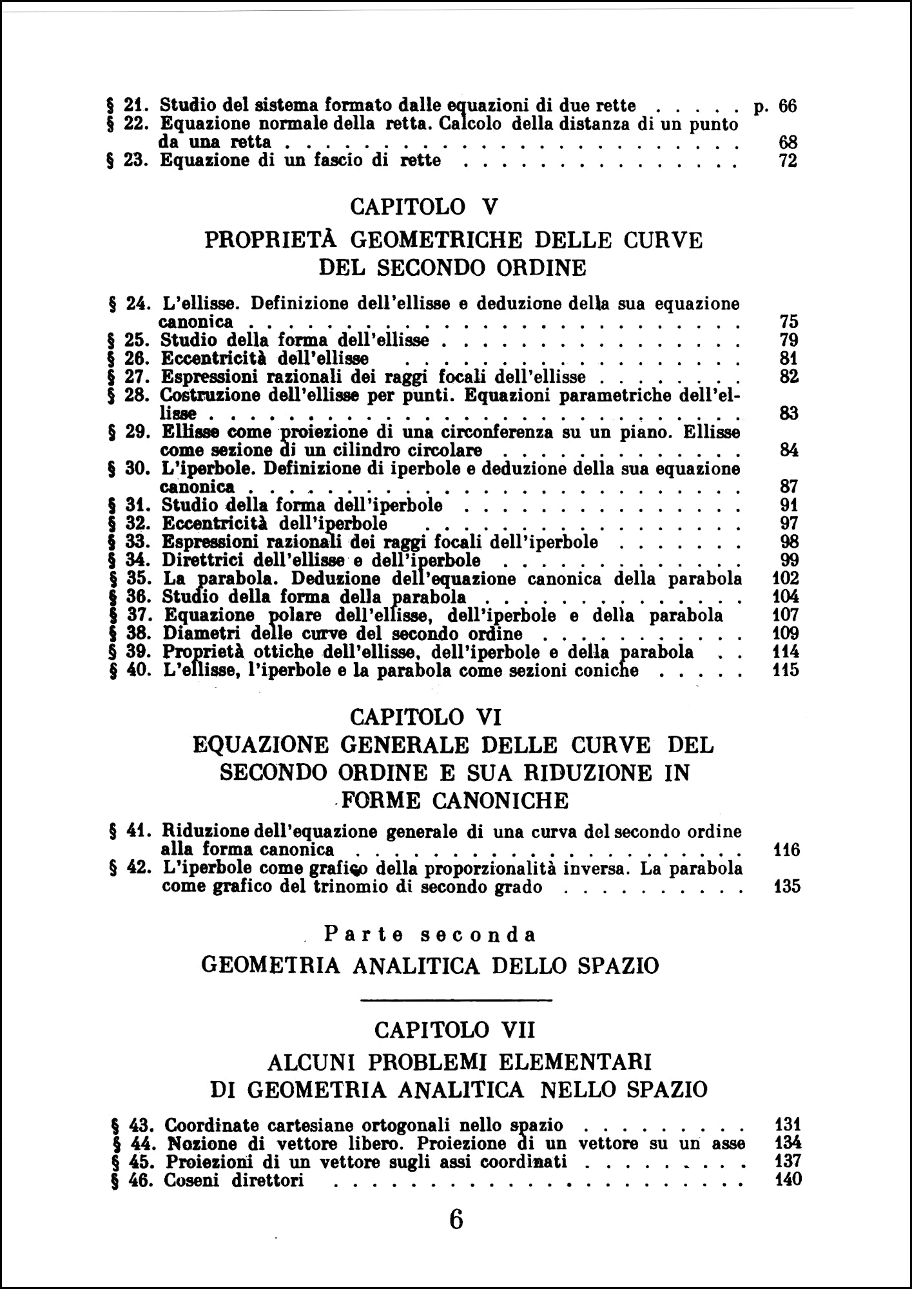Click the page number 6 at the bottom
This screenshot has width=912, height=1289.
tap(455, 1219)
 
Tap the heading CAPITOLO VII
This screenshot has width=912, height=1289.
tap(454, 1031)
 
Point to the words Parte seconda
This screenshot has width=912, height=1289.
tap(430, 934)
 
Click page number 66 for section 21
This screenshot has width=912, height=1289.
tap(788, 106)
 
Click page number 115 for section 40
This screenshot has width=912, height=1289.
tap(786, 670)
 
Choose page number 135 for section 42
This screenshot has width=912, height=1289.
tap(786, 886)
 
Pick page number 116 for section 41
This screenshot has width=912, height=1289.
tap(786, 849)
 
